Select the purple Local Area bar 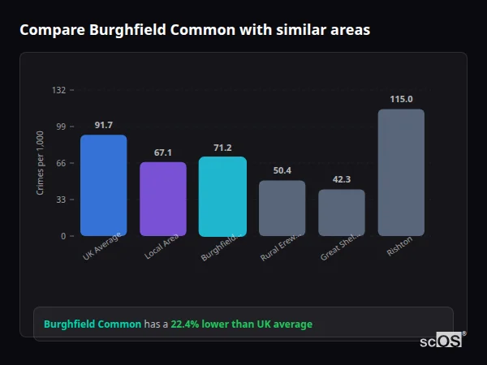click(162, 199)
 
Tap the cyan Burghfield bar click(222, 196)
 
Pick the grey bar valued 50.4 click(282, 208)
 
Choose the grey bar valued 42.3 click(341, 213)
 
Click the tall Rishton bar click(401, 172)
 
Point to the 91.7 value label click(103, 125)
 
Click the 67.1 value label click(162, 152)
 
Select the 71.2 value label click(222, 148)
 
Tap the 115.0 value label click(401, 99)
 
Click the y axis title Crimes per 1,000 click(41, 163)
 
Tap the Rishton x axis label click(399, 246)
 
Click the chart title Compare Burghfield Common click(194, 30)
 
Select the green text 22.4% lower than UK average click(241, 324)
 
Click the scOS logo click(441, 341)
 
